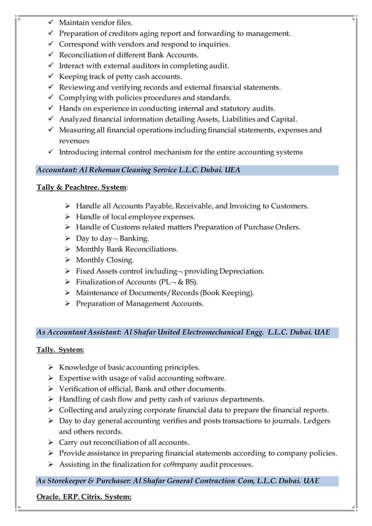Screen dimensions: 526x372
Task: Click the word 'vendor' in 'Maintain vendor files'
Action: coord(101,23)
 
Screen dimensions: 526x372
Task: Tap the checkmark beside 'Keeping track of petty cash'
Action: coord(51,76)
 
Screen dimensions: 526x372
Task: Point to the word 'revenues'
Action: coord(74,141)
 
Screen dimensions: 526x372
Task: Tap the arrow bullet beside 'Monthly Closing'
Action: coord(68,260)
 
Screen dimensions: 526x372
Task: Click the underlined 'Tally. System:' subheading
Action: coord(60,350)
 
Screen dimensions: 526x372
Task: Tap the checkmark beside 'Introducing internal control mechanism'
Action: coord(51,152)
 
